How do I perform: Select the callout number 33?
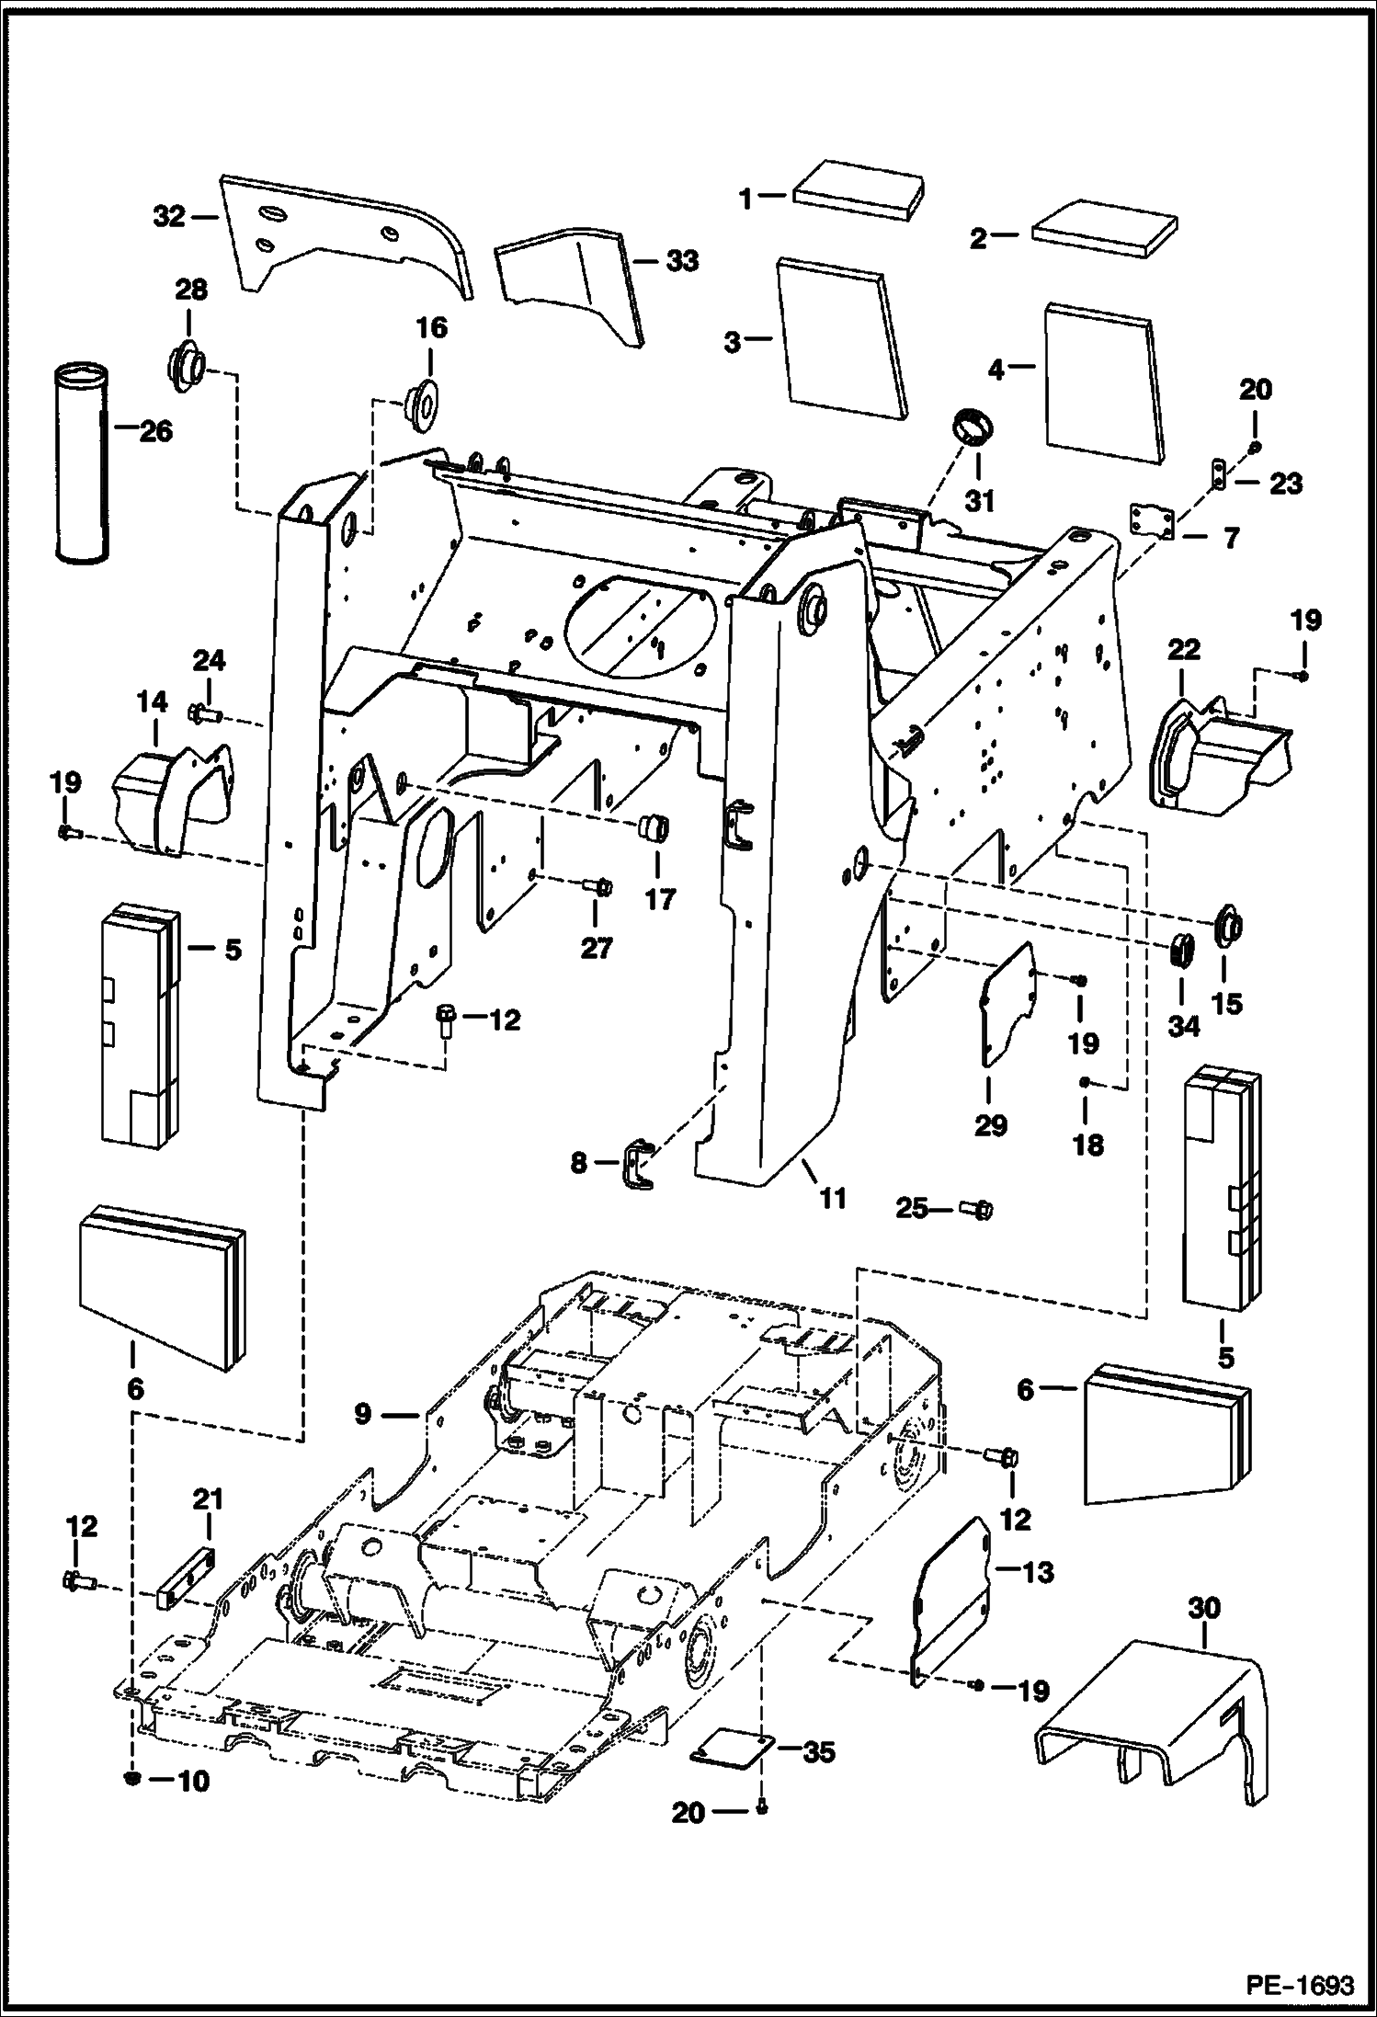pos(682,261)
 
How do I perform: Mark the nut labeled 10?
pos(130,1780)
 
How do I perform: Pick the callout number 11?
pos(833,1198)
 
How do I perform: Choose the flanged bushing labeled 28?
pos(187,366)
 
